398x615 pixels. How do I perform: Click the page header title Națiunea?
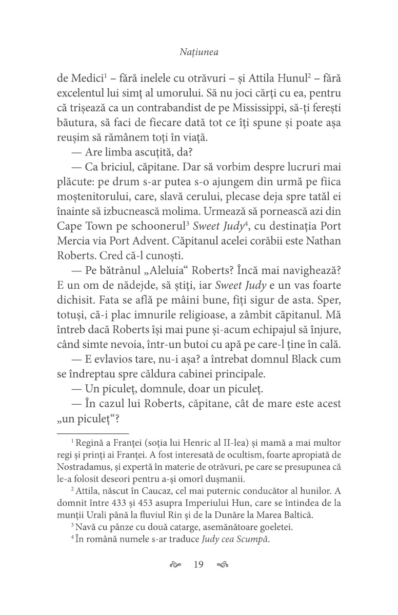point(199,51)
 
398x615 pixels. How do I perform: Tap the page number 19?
point(199,565)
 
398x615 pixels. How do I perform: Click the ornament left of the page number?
point(176,565)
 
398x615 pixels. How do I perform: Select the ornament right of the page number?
point(222,565)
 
